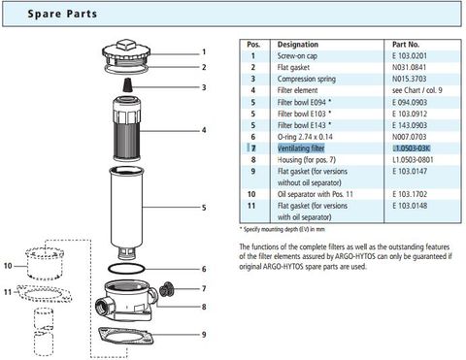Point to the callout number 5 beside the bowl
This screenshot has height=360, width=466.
[x=204, y=207]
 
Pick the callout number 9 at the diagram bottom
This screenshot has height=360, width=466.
[x=204, y=335]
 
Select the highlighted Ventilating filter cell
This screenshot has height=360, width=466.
[x=302, y=147]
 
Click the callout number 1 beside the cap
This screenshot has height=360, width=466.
[x=204, y=50]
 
